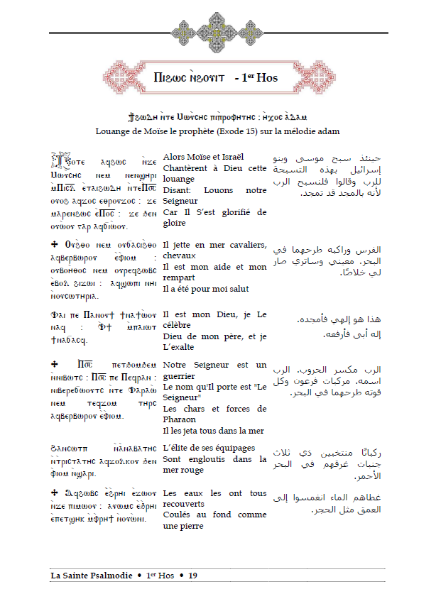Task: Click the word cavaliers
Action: coord(245,245)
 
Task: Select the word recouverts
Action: coord(186,505)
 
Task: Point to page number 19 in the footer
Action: coord(192,576)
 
